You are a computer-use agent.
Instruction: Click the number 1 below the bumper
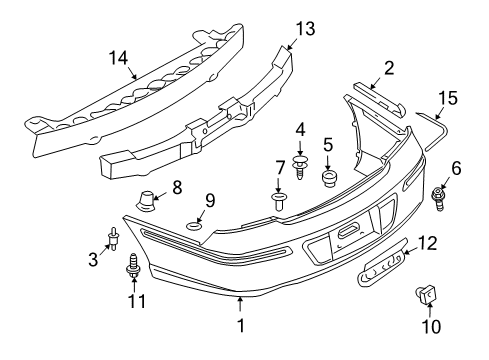[239, 327]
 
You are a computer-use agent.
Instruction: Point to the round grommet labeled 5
[328, 180]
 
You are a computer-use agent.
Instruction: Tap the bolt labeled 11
[133, 267]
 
